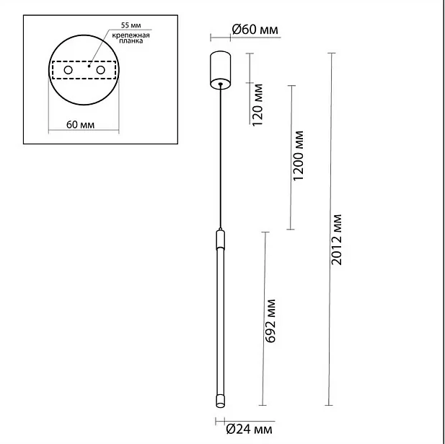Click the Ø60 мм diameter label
pyautogui.click(x=255, y=30)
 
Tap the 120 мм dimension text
pyautogui.click(x=257, y=105)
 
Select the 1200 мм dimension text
pyautogui.click(x=298, y=156)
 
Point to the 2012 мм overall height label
pyautogui.click(x=337, y=240)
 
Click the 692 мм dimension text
pyautogui.click(x=270, y=321)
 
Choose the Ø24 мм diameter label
pyautogui.click(x=249, y=430)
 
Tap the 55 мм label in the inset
pyautogui.click(x=131, y=25)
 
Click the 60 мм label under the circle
pyautogui.click(x=80, y=125)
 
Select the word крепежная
pyautogui.click(x=131, y=35)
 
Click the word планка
pyautogui.click(x=131, y=41)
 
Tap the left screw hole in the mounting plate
pyautogui.click(x=68, y=70)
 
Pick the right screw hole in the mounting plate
pyautogui.click(x=100, y=70)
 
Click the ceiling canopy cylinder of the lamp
pyautogui.click(x=220, y=70)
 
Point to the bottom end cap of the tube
pyautogui.click(x=220, y=401)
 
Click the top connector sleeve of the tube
pyautogui.click(x=220, y=240)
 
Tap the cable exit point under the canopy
pyautogui.click(x=220, y=84)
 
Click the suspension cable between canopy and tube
pyautogui.click(x=220, y=157)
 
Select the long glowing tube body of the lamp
pyautogui.click(x=220, y=322)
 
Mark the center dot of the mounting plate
pyautogui.click(x=89, y=66)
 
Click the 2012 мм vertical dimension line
pyautogui.click(x=330, y=229)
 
